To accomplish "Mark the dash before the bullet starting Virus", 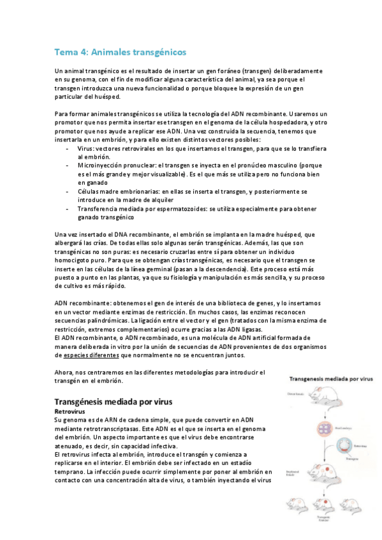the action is click(x=68, y=148).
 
